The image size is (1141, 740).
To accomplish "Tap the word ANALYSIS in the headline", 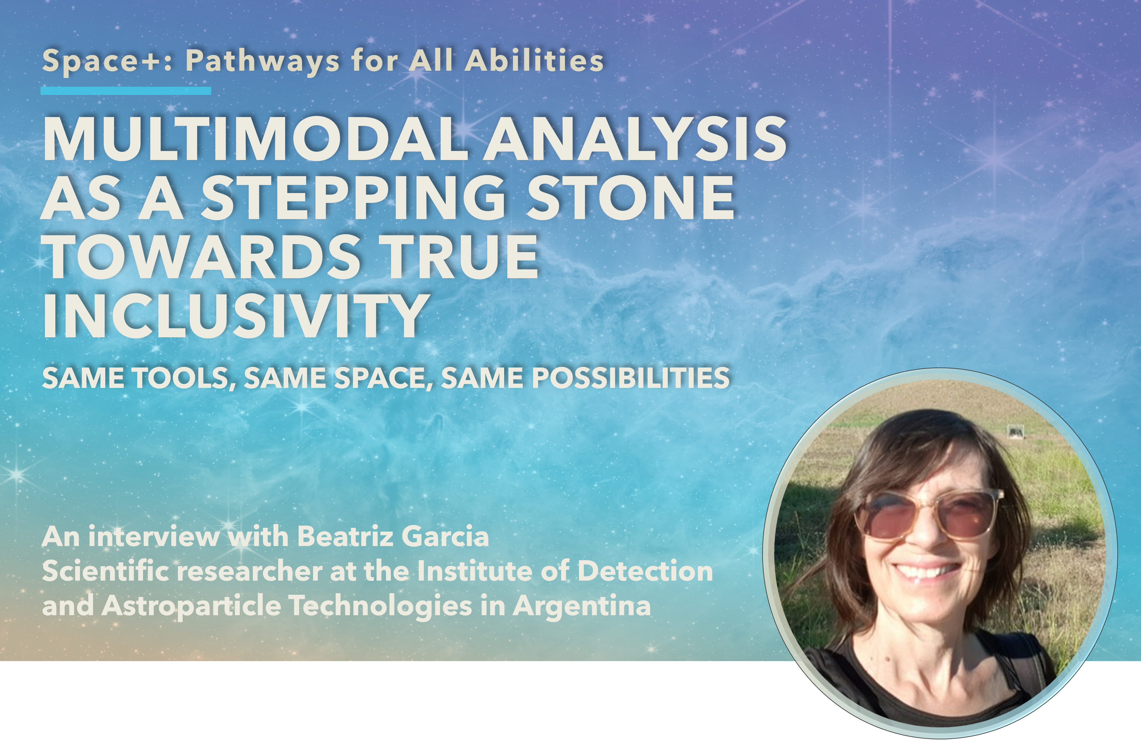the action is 635,139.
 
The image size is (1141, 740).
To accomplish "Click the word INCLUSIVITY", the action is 235,315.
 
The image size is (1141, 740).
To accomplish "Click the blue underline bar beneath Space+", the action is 126,91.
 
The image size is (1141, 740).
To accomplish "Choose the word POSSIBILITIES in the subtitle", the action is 631,378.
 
